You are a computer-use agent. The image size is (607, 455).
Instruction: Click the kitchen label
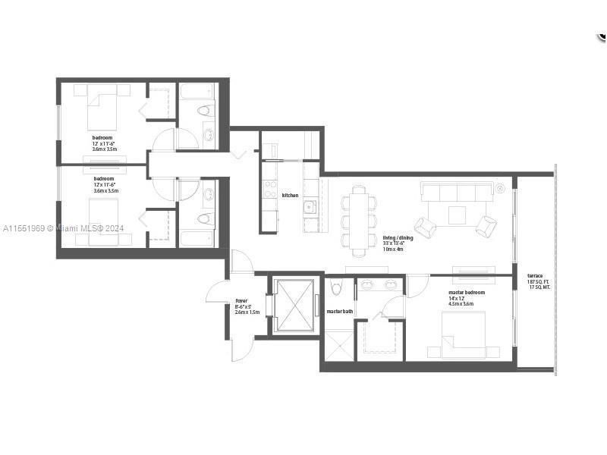[x=290, y=196]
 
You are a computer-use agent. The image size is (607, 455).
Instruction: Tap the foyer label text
[x=242, y=301]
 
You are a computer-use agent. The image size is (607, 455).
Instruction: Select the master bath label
[x=339, y=312]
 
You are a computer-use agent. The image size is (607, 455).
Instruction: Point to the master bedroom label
[x=466, y=292]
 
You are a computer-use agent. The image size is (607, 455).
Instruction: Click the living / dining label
[x=398, y=237]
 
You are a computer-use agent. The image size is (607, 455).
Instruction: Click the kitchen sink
[x=310, y=207]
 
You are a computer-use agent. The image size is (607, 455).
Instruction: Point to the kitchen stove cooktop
[x=269, y=189]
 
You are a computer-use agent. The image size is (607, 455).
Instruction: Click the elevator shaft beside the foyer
[x=294, y=306]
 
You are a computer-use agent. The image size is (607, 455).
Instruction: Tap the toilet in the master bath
[x=338, y=287]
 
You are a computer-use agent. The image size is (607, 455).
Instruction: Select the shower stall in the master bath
[x=339, y=344]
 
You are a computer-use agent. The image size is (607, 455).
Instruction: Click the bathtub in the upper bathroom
[x=197, y=95]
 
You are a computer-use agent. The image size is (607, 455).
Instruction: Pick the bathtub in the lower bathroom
[x=197, y=238]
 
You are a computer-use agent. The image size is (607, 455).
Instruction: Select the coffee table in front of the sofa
[x=457, y=215]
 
